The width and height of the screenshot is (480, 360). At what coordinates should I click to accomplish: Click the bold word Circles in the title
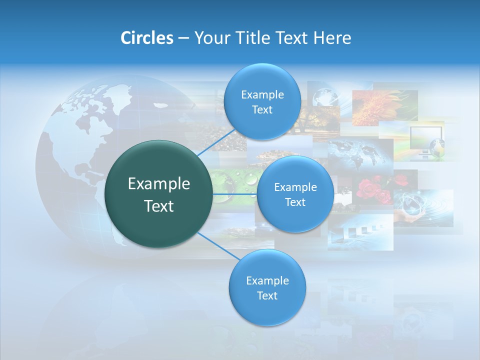[x=146, y=38]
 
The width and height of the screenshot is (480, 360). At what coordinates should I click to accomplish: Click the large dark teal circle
[x=159, y=194]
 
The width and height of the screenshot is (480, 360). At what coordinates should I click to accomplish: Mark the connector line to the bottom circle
[x=217, y=246]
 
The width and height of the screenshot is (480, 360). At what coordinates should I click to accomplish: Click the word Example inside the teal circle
[x=159, y=183]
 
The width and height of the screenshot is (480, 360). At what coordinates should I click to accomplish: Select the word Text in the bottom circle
[x=267, y=295]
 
